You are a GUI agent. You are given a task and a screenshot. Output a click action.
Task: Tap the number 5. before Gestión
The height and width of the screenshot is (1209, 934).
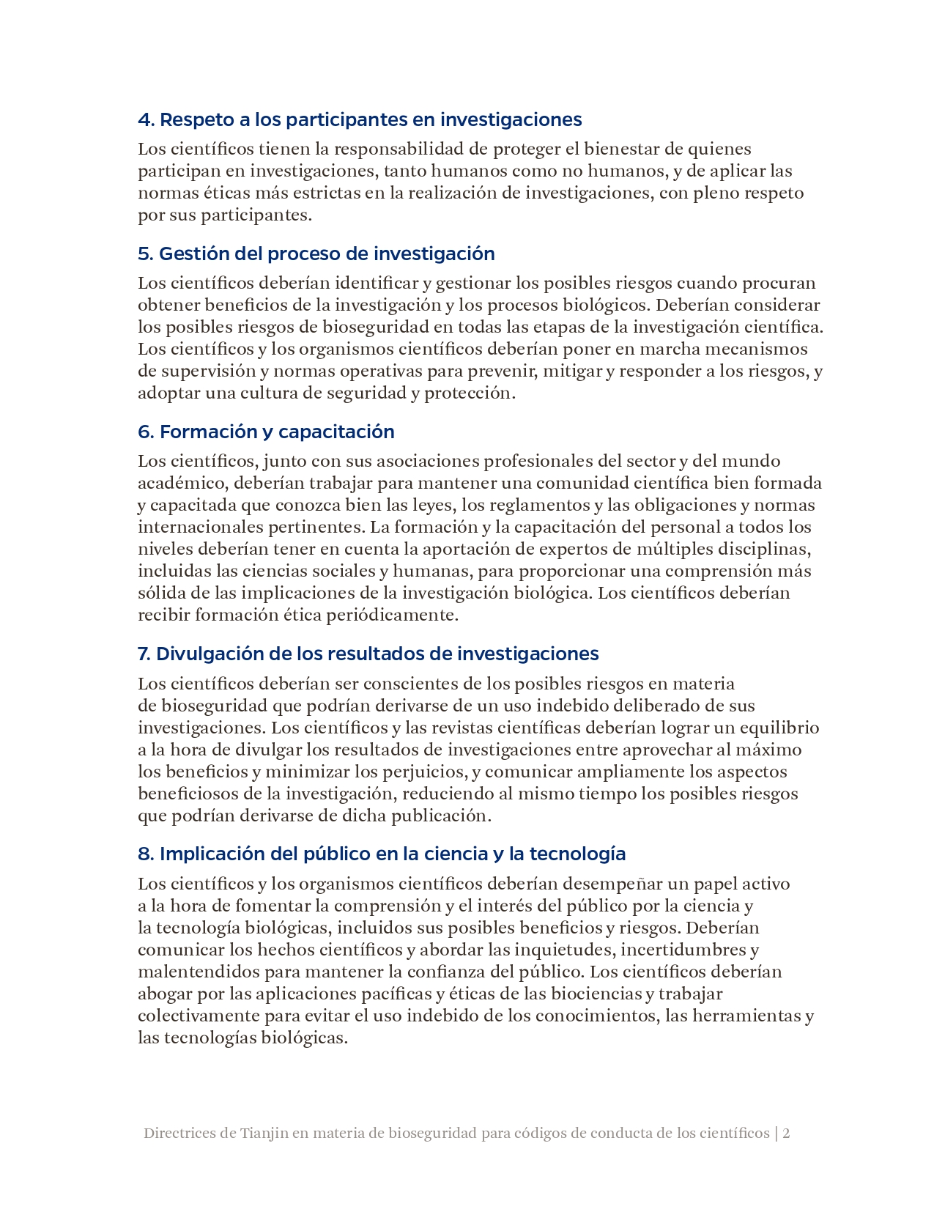[145, 254]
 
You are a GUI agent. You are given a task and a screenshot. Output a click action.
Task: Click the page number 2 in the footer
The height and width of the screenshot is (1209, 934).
[786, 1133]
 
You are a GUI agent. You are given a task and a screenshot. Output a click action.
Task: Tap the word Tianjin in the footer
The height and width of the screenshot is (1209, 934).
[263, 1133]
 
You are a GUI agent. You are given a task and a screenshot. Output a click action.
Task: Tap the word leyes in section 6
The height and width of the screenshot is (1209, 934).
[432, 505]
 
